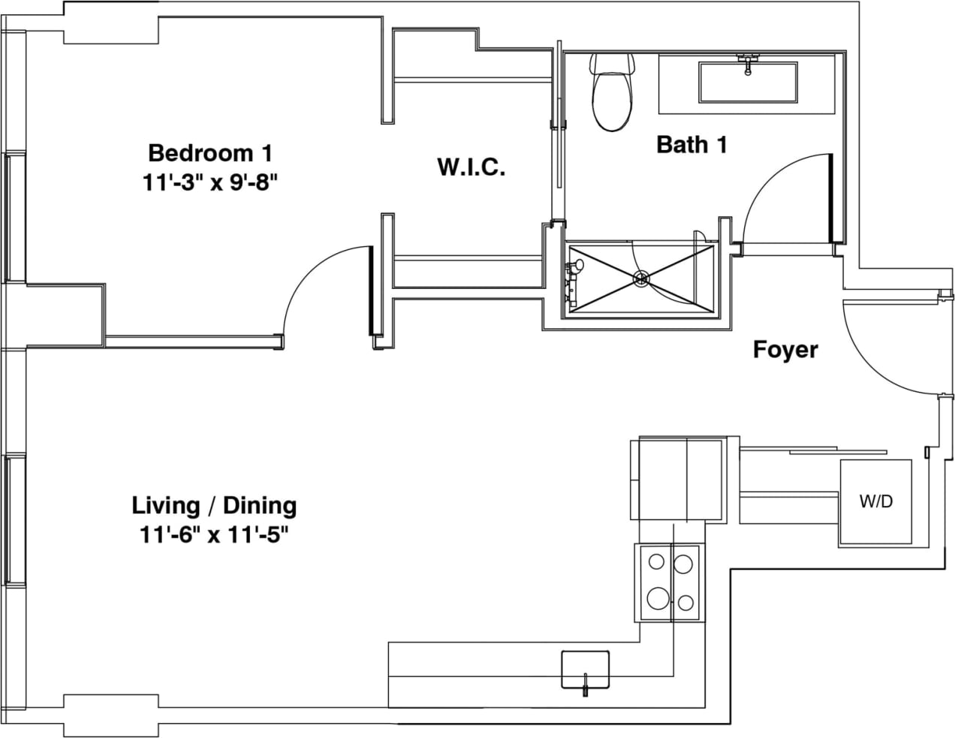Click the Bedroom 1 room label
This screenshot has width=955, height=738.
209,153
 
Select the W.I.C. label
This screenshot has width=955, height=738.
471,167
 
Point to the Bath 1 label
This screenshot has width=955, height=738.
691,144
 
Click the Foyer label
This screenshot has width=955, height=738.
785,350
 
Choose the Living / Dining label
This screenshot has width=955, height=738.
214,505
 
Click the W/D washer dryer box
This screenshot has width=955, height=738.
875,502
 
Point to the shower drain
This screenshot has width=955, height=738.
641,279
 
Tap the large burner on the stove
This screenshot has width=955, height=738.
658,598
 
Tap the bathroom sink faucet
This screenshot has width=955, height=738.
747,63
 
